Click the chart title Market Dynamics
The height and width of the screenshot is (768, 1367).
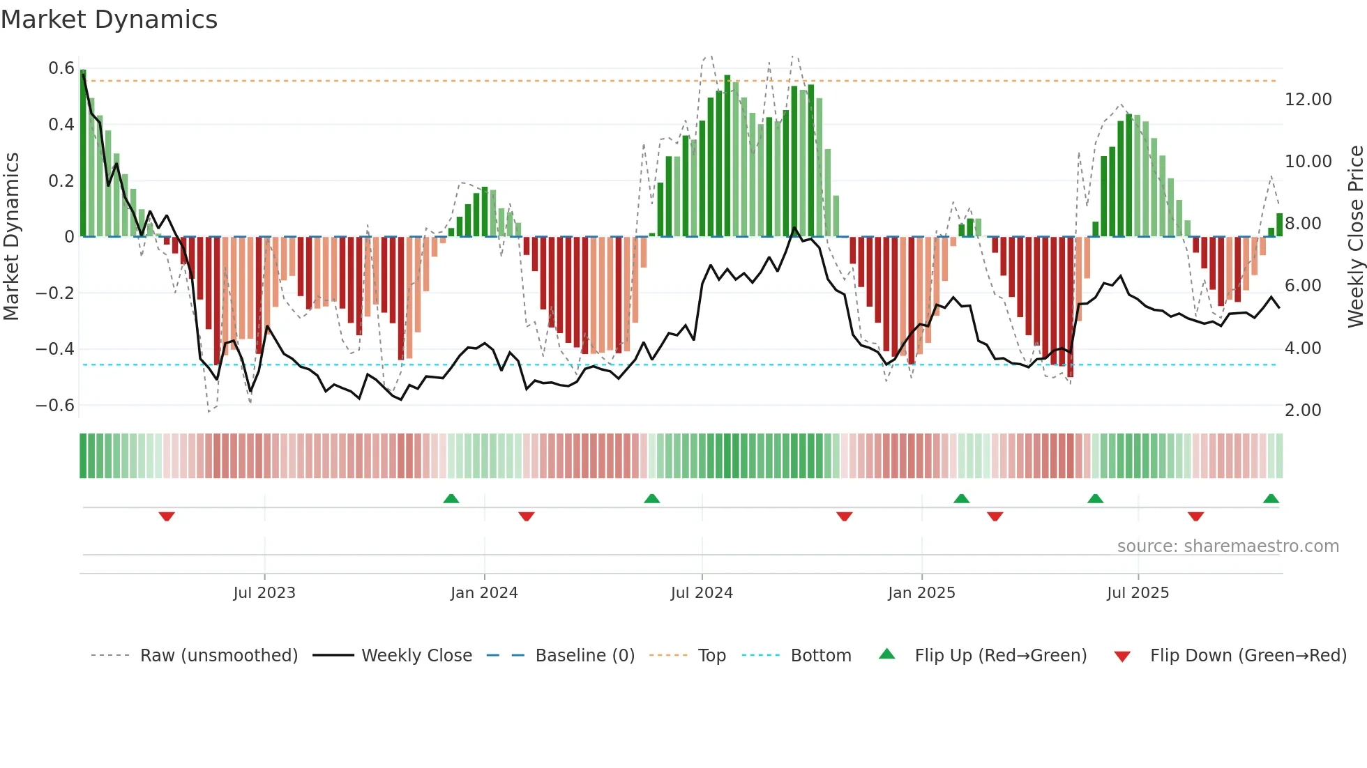coord(109,20)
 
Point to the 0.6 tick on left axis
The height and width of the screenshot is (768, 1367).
coord(61,68)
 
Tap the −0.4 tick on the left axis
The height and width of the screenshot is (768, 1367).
coord(55,348)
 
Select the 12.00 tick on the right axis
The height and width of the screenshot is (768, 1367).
coord(1308,100)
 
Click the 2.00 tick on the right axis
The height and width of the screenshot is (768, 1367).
coord(1302,410)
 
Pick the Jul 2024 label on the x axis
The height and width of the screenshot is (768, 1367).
coord(702,593)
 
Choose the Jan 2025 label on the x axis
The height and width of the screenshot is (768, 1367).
coord(921,593)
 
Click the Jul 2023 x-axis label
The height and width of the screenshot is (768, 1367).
coord(264,593)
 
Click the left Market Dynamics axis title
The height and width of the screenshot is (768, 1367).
coord(11,237)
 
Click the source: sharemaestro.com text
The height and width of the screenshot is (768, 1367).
coord(1228,546)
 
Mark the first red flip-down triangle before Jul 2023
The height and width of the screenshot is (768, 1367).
coord(167,516)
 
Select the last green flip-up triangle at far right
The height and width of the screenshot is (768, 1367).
coord(1271,498)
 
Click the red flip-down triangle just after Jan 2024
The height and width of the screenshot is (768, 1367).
coord(527,516)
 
